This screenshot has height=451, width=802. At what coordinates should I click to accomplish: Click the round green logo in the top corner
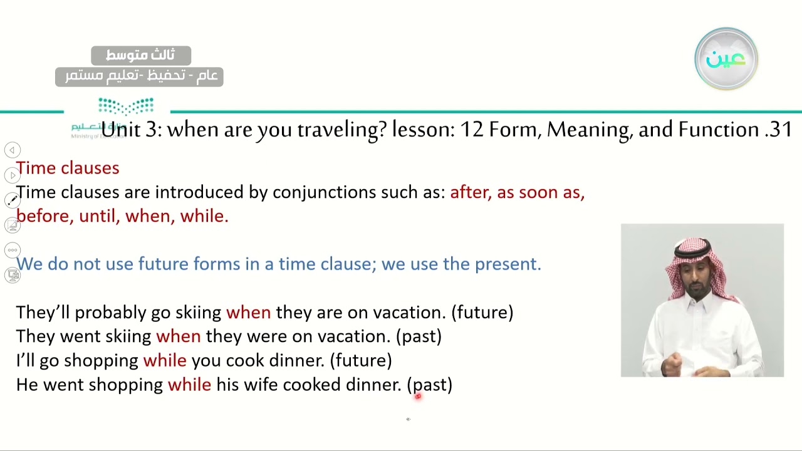pos(726,59)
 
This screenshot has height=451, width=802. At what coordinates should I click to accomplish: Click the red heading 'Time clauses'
pos(68,168)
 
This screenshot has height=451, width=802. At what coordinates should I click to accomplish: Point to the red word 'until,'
pos(98,216)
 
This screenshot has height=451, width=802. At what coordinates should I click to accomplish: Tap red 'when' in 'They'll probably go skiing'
pos(248,312)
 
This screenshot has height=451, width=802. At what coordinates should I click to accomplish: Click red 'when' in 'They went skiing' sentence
pos(178,336)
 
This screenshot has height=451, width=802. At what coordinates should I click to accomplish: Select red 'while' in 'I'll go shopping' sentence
pos(165,360)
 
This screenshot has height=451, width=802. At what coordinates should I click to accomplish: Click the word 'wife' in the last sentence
pos(261,385)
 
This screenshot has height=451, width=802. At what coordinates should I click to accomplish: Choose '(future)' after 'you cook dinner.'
pos(361,360)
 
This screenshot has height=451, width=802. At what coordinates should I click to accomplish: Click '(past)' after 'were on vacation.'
pos(419,336)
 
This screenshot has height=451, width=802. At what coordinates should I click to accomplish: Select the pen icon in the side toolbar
pos(12,200)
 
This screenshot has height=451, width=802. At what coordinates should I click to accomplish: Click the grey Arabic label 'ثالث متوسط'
pos(140,56)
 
